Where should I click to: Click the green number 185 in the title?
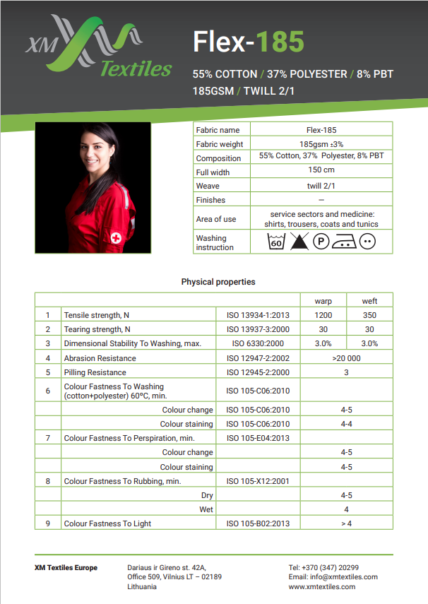(280, 42)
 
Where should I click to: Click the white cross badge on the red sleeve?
(116, 238)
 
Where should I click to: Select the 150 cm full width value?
(321, 170)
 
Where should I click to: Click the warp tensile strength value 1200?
(323, 315)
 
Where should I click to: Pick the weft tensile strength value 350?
(369, 315)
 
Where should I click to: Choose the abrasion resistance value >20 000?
(346, 358)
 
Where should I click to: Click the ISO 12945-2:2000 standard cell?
(258, 372)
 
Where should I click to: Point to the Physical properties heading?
(218, 282)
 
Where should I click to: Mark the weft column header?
(369, 301)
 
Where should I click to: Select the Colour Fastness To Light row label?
(107, 523)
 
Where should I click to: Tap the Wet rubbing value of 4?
(346, 509)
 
